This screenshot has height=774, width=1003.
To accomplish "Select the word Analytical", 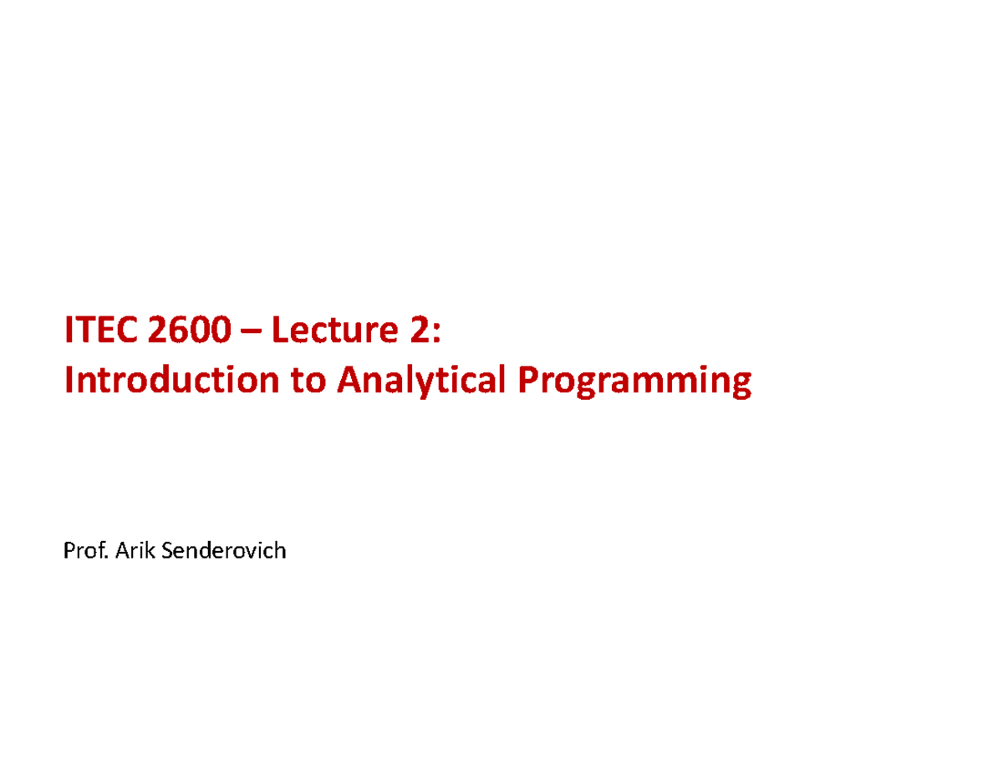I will pos(421,382).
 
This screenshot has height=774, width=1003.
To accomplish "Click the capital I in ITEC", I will pos(69,331).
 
